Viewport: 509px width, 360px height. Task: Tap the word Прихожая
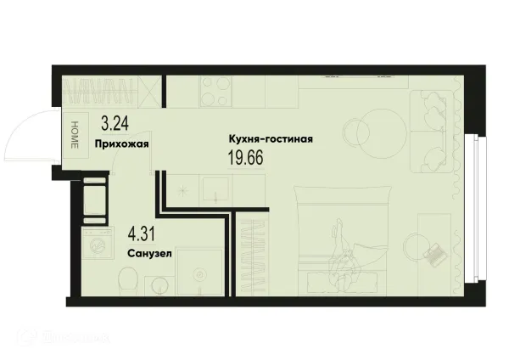click(122, 143)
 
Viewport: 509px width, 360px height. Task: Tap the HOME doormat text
click(74, 133)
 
